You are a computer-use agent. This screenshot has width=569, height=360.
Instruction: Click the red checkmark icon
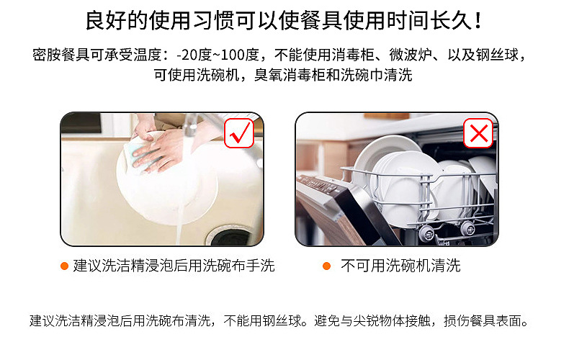pos(239,132)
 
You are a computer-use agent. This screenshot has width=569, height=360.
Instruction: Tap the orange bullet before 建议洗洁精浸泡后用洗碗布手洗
pos(64,266)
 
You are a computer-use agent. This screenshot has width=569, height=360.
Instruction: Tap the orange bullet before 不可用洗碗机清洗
pos(326,266)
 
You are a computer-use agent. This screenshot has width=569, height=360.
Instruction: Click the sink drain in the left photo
pos(232,235)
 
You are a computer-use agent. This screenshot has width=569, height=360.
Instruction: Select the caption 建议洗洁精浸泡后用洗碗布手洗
pos(174,266)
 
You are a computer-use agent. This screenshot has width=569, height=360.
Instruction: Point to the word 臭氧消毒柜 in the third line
pos(284,75)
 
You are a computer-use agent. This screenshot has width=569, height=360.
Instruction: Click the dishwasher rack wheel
pos(427,232)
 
